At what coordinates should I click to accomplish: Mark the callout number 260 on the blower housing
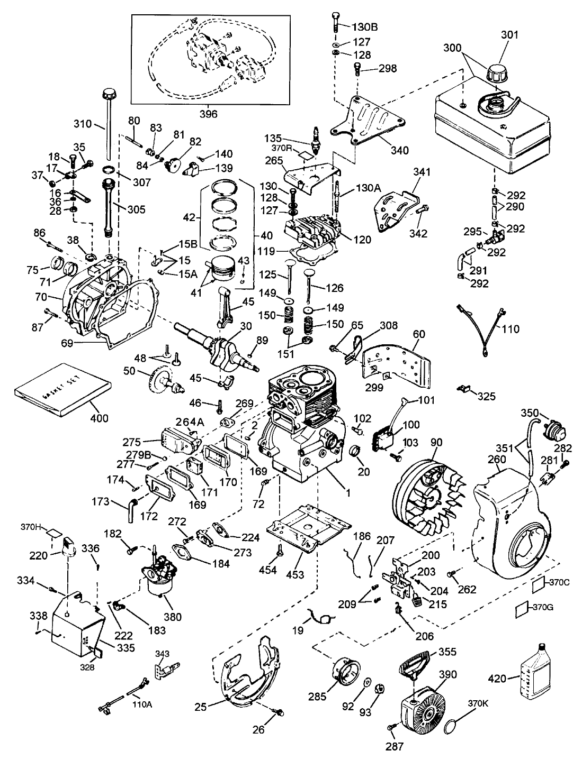tap(497, 460)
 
